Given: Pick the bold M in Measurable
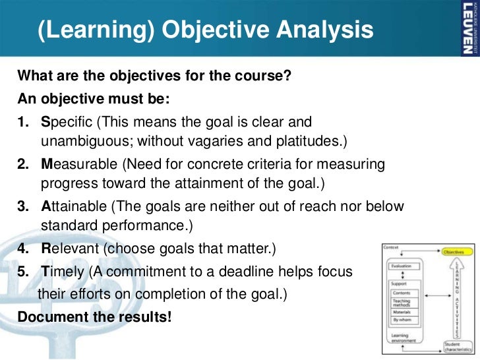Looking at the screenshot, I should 46,164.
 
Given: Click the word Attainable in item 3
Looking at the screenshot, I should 72,206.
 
